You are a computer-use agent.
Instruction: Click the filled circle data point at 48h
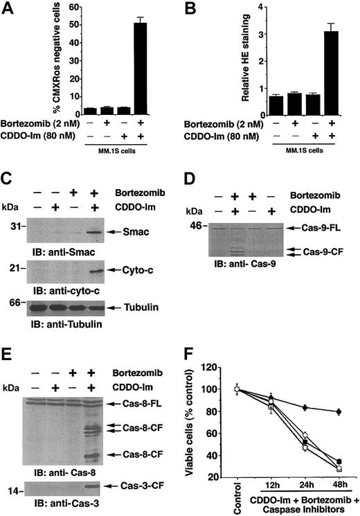[x=339, y=411]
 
